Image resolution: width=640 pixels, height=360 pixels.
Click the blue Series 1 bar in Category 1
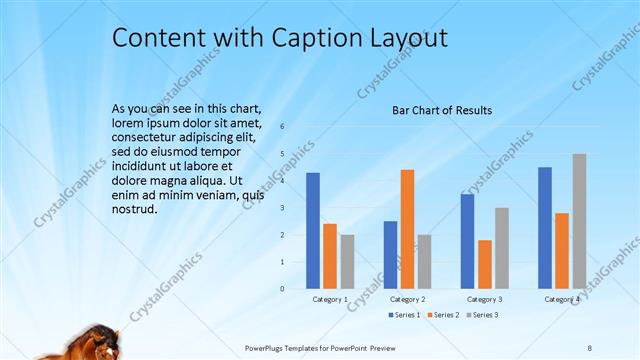click(313, 231)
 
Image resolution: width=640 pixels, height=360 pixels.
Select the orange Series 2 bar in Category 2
click(407, 229)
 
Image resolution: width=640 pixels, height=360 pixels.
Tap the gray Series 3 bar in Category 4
click(579, 221)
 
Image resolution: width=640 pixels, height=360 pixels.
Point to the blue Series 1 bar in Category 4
click(545, 228)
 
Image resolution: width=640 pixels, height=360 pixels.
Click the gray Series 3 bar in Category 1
click(347, 261)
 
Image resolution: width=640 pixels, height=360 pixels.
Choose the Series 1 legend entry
click(405, 315)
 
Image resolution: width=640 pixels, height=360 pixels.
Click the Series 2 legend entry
click(443, 315)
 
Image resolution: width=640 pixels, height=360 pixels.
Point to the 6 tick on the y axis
click(283, 127)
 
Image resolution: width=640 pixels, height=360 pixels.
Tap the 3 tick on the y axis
click(283, 208)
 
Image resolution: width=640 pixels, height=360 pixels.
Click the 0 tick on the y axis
click(283, 289)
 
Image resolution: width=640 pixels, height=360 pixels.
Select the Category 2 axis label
click(407, 299)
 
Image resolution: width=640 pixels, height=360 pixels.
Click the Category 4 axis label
click(561, 299)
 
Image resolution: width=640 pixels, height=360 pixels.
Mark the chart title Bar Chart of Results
click(441, 110)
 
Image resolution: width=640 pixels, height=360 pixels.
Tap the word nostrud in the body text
click(135, 210)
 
